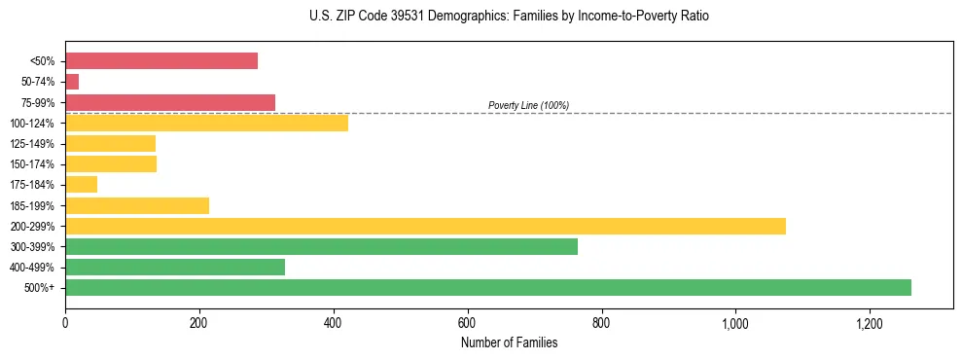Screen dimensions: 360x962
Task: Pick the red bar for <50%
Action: (x=161, y=61)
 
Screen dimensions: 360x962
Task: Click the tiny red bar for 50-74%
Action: (x=72, y=82)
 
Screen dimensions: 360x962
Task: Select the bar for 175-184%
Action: (x=81, y=184)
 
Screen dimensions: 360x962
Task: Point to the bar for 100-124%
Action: (x=206, y=123)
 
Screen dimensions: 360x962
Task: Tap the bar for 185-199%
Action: (x=137, y=205)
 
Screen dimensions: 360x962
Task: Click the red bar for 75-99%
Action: (x=170, y=102)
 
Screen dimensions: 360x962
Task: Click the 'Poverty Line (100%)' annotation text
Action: (x=528, y=105)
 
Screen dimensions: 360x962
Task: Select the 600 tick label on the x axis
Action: (x=467, y=323)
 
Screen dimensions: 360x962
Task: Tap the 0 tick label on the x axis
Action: (x=65, y=323)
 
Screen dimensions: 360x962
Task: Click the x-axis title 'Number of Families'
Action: (x=509, y=342)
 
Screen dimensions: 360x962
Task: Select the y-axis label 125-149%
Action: (x=32, y=144)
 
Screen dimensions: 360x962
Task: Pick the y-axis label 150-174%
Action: (x=32, y=164)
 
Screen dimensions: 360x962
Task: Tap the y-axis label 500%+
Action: (x=40, y=288)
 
